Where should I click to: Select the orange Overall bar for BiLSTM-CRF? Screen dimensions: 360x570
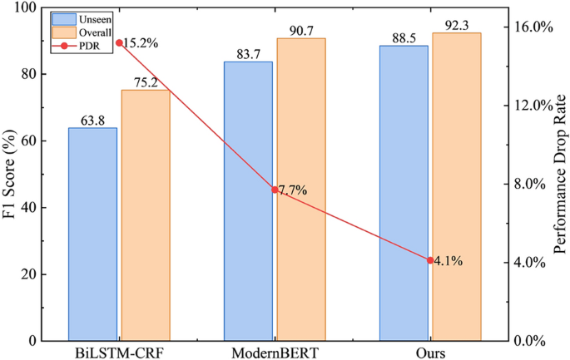[146, 215]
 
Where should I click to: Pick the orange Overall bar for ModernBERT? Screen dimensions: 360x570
[301, 190]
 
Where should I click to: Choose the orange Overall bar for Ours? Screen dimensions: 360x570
[457, 187]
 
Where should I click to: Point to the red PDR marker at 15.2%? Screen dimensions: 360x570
[119, 42]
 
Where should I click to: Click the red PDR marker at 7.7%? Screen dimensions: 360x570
[275, 190]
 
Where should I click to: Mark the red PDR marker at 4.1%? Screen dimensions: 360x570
[430, 260]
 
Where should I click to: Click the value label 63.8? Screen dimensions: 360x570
[92, 121]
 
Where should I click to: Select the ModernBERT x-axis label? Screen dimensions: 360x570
[275, 353]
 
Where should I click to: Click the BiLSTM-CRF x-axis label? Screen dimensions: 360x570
[119, 353]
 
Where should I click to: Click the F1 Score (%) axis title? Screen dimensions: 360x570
[12, 175]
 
